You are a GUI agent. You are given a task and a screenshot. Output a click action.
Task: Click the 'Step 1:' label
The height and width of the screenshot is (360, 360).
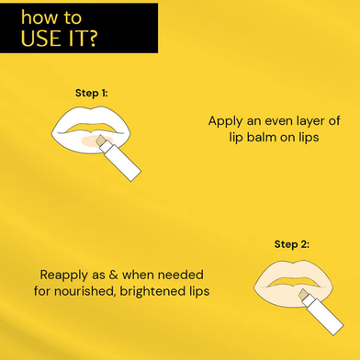point(92,93)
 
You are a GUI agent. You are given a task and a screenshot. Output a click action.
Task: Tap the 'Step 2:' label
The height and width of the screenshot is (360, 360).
point(292,244)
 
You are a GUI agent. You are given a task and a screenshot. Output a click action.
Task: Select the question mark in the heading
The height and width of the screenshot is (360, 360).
point(91,38)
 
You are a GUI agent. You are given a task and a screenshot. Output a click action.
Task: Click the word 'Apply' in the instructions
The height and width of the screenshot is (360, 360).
point(225,121)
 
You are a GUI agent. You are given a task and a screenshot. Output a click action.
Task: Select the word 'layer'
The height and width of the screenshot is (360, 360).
point(307,121)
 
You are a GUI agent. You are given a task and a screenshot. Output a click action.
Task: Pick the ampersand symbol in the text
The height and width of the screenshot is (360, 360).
point(113,275)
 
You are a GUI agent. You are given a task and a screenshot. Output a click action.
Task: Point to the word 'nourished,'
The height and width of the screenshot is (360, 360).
point(84,291)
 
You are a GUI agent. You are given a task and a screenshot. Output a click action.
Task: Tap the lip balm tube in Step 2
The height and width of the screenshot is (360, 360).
point(323,316)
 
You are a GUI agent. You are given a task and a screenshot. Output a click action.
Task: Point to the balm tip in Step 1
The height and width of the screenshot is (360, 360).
point(101,141)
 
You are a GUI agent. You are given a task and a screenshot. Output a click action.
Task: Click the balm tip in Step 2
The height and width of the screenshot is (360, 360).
point(303,295)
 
